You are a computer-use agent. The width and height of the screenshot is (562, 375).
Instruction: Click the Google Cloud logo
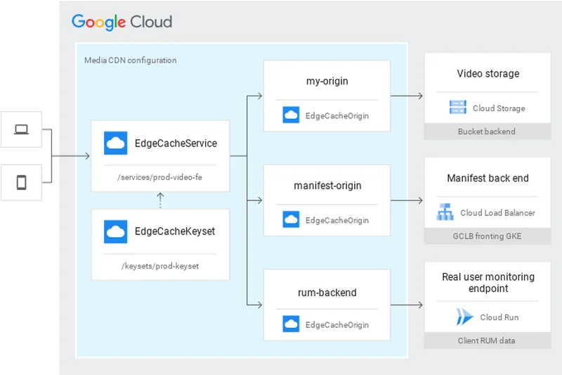(x=122, y=21)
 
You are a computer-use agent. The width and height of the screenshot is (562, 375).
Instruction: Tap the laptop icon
(x=22, y=129)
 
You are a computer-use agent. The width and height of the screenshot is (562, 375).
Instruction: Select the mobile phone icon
(x=22, y=183)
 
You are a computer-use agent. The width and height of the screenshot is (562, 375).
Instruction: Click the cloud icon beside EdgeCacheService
(x=115, y=143)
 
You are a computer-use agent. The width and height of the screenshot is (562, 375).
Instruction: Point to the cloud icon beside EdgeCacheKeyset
(x=115, y=231)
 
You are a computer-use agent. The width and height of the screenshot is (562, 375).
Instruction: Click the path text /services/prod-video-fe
(x=159, y=177)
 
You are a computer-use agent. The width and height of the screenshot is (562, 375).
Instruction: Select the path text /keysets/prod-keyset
(x=159, y=265)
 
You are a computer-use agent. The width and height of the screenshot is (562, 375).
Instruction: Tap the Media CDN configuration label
(x=130, y=61)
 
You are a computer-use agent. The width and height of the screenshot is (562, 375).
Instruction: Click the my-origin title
(x=327, y=81)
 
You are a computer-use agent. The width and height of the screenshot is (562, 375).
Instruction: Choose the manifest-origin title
(x=327, y=186)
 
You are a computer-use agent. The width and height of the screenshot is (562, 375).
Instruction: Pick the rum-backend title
(x=327, y=292)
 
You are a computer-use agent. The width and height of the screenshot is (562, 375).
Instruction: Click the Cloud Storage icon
(x=458, y=108)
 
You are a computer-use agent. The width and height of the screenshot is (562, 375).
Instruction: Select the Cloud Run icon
(x=464, y=317)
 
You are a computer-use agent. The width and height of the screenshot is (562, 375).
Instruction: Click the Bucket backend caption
(x=487, y=132)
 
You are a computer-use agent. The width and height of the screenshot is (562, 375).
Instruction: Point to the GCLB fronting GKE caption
(x=487, y=236)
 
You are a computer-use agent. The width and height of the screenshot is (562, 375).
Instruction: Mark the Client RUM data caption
(x=487, y=341)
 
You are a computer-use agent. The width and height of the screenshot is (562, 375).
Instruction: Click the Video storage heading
(x=488, y=74)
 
